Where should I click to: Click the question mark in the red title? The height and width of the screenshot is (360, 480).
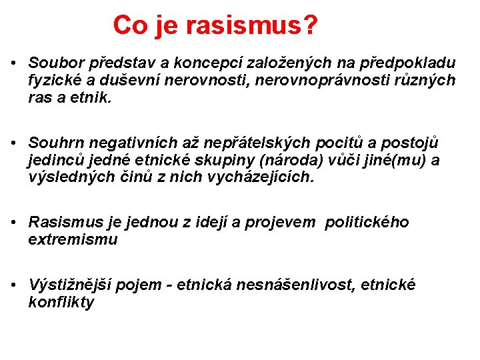click(309, 26)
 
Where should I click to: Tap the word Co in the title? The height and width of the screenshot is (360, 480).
click(127, 26)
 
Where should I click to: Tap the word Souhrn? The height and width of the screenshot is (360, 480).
click(53, 143)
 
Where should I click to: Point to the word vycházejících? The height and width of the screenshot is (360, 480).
click(268, 177)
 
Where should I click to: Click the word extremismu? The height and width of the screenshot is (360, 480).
click(73, 239)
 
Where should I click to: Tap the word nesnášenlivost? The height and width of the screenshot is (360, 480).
click(312, 285)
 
